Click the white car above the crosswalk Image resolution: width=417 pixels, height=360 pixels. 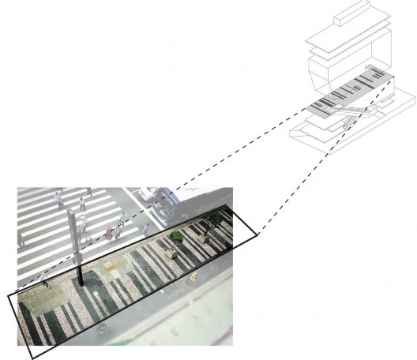[148, 195]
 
